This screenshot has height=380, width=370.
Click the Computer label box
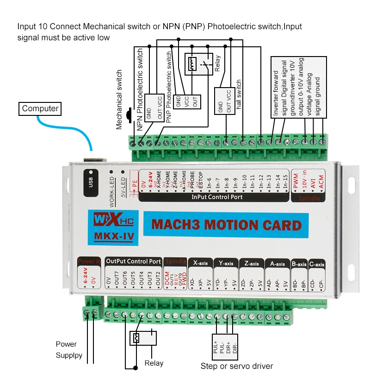(x=41, y=109)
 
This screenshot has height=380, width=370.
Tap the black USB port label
(x=89, y=179)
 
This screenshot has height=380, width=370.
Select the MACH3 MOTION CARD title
(x=226, y=225)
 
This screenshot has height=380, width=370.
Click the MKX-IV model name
(x=114, y=237)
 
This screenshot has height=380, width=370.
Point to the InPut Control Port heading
(x=217, y=197)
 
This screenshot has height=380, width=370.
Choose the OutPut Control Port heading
(x=133, y=261)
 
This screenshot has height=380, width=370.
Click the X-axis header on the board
(x=201, y=263)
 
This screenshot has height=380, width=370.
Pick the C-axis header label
(x=317, y=264)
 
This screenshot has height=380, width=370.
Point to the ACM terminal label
(x=321, y=184)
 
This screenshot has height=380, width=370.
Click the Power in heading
(x=89, y=261)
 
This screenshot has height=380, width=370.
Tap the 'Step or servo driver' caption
(x=237, y=366)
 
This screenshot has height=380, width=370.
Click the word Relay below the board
(x=154, y=363)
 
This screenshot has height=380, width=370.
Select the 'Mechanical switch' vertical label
(x=119, y=99)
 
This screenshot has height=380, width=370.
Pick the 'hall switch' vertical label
(x=239, y=95)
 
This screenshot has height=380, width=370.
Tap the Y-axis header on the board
(x=226, y=263)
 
